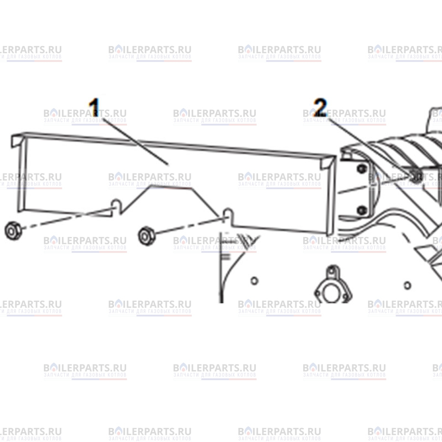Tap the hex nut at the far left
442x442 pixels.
(13, 230)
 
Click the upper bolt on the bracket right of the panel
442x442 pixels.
(361, 169)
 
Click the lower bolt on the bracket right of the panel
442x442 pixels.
(361, 210)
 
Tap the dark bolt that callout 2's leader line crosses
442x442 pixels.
(417, 176)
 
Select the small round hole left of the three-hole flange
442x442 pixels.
(254, 281)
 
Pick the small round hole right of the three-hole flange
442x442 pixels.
(408, 285)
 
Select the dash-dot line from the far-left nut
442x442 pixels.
(68, 218)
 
